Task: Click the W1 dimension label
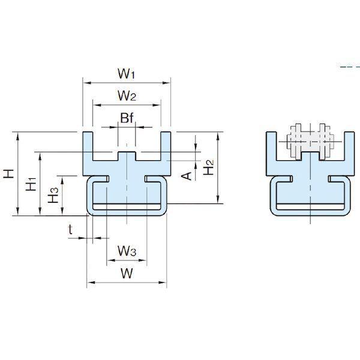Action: point(126,73)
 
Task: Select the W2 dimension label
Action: point(127,95)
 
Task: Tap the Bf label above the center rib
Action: point(127,118)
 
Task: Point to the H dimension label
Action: point(9,173)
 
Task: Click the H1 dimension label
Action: point(31,184)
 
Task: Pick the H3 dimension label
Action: point(53,195)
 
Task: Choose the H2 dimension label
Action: point(208,167)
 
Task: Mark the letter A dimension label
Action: point(187,176)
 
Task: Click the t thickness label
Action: point(70,229)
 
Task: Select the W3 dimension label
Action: point(127,251)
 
